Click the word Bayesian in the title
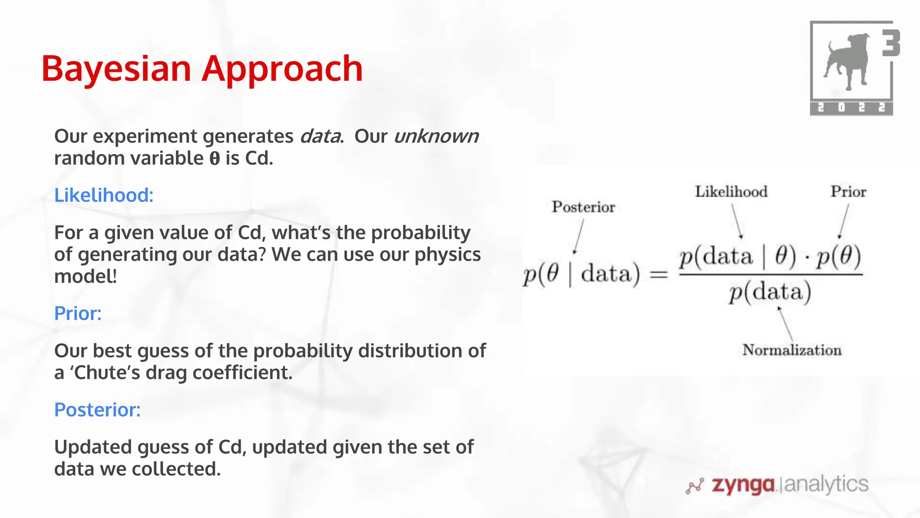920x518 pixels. click(x=116, y=69)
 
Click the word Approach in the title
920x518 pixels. click(x=282, y=69)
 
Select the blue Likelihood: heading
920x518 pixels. click(x=104, y=195)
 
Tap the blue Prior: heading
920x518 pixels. click(x=78, y=313)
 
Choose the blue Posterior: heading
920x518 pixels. click(x=97, y=410)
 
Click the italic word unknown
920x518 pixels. click(x=436, y=136)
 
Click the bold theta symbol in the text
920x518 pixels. click(x=215, y=159)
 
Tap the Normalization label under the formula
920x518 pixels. click(x=792, y=350)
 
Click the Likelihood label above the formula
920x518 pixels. click(x=731, y=192)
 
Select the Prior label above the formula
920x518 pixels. click(x=848, y=192)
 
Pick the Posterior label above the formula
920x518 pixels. click(x=583, y=207)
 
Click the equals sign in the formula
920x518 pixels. click(x=659, y=274)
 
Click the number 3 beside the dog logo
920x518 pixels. click(x=890, y=43)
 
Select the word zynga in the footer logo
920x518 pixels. click(x=743, y=485)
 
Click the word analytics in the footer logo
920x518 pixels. click(x=826, y=484)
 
